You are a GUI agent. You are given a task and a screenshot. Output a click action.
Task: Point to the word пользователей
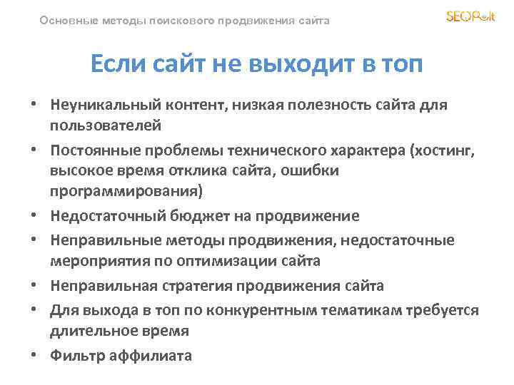[x=105, y=125]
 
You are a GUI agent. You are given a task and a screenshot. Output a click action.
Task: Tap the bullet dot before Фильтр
[x=34, y=356]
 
